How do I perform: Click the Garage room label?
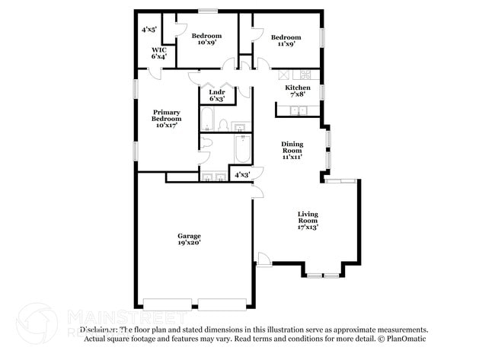(x=188, y=236)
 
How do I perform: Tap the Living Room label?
(x=308, y=220)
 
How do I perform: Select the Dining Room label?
(x=292, y=150)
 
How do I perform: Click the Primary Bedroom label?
(x=166, y=119)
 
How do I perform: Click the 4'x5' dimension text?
(x=148, y=30)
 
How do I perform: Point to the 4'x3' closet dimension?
(x=242, y=175)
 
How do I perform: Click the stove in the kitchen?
(x=305, y=75)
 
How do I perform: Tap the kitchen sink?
(x=298, y=111)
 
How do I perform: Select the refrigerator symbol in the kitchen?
(x=285, y=75)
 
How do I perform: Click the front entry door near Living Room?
(x=263, y=263)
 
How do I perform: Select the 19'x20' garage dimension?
(x=188, y=243)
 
